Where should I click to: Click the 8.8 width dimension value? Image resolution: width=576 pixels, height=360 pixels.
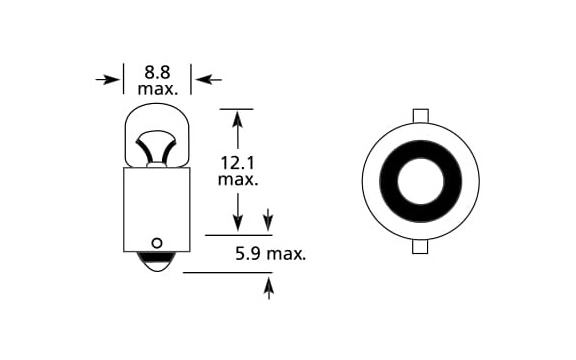coord(157,72)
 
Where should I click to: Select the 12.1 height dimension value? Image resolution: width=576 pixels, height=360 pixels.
coord(237,163)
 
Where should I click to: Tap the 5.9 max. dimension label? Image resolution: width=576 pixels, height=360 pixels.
coord(271,254)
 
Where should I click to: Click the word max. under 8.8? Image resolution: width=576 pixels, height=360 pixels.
coord(158,89)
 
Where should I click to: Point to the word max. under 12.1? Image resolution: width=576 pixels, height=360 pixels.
coord(238,180)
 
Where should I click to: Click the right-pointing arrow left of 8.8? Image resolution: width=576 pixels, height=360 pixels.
coord(108,79)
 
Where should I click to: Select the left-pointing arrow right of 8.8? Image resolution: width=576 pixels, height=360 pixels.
coord(208,79)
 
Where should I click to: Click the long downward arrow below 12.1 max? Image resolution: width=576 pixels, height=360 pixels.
coord(238,212)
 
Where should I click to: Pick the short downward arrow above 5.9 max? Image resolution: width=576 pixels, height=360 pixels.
coord(269,220)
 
